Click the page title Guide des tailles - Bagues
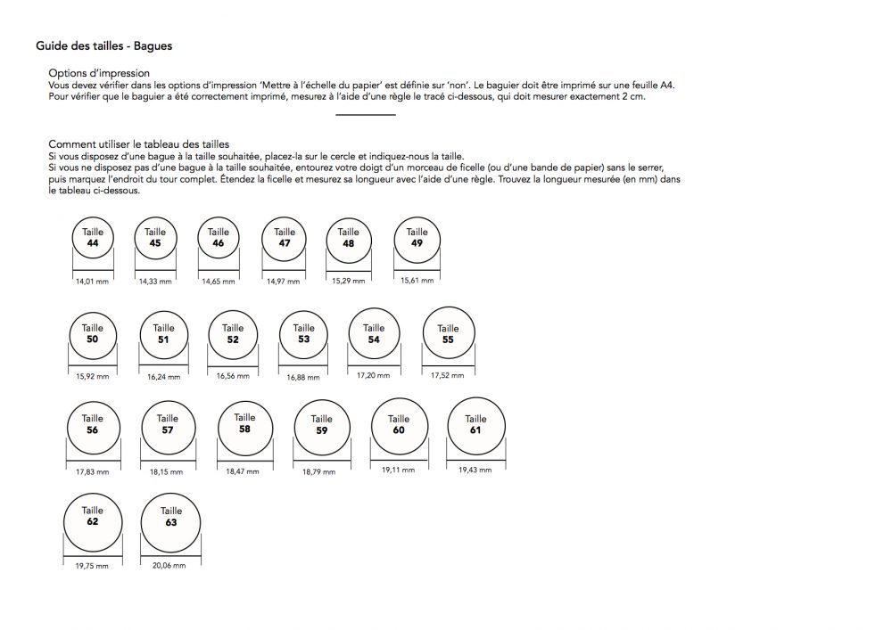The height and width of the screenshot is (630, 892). [103, 45]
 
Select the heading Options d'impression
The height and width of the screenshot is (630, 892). [99, 73]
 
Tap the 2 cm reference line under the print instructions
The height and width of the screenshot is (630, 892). [366, 115]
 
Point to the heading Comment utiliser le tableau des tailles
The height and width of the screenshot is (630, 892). [139, 143]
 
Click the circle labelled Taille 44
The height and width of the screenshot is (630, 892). [93, 238]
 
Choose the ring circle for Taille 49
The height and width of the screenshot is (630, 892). [417, 238]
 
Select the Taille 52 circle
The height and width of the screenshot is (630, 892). [233, 334]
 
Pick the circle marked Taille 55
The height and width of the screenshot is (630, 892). [448, 334]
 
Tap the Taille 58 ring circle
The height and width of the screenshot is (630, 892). [244, 423]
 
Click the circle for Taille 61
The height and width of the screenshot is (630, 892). [475, 425]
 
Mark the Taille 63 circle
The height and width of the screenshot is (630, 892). [171, 517]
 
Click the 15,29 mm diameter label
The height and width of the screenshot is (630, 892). [348, 282]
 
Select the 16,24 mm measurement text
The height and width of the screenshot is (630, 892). [163, 377]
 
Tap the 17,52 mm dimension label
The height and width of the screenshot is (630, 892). [447, 376]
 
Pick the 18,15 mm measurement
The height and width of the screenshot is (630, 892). [167, 471]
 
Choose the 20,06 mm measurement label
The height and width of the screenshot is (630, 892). [169, 565]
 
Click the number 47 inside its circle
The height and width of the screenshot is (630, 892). [285, 243]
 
